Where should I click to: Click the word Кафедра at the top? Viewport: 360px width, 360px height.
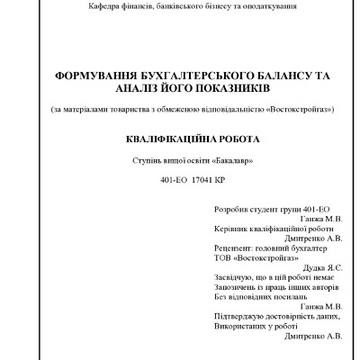click(104, 7)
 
